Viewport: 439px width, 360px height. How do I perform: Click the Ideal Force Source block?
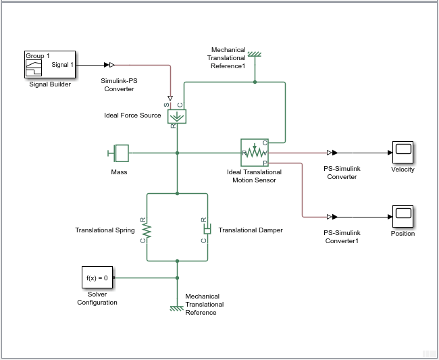click(177, 115)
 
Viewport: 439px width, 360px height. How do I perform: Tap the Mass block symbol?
click(120, 153)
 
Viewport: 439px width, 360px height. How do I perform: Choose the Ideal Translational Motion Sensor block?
click(255, 153)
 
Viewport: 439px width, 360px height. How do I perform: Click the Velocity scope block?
click(403, 153)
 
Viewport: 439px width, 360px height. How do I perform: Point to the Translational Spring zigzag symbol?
click(147, 230)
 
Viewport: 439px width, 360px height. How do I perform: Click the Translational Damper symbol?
click(207, 230)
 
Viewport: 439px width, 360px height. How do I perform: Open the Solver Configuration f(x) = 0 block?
click(97, 278)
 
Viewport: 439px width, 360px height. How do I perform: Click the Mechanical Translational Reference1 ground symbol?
click(255, 55)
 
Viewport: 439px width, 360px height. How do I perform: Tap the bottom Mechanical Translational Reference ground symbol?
click(177, 308)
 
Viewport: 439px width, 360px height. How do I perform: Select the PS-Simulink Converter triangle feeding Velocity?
click(330, 153)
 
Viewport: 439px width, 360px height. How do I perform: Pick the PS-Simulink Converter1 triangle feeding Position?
click(330, 217)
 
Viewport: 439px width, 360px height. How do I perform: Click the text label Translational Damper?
click(251, 230)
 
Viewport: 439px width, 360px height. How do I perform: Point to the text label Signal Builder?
click(49, 84)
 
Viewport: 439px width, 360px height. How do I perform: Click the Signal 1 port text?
click(63, 65)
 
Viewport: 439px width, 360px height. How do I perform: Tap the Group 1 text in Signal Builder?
click(38, 55)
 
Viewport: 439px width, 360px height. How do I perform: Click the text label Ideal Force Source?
click(132, 115)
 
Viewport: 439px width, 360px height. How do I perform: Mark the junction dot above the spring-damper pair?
click(177, 193)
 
